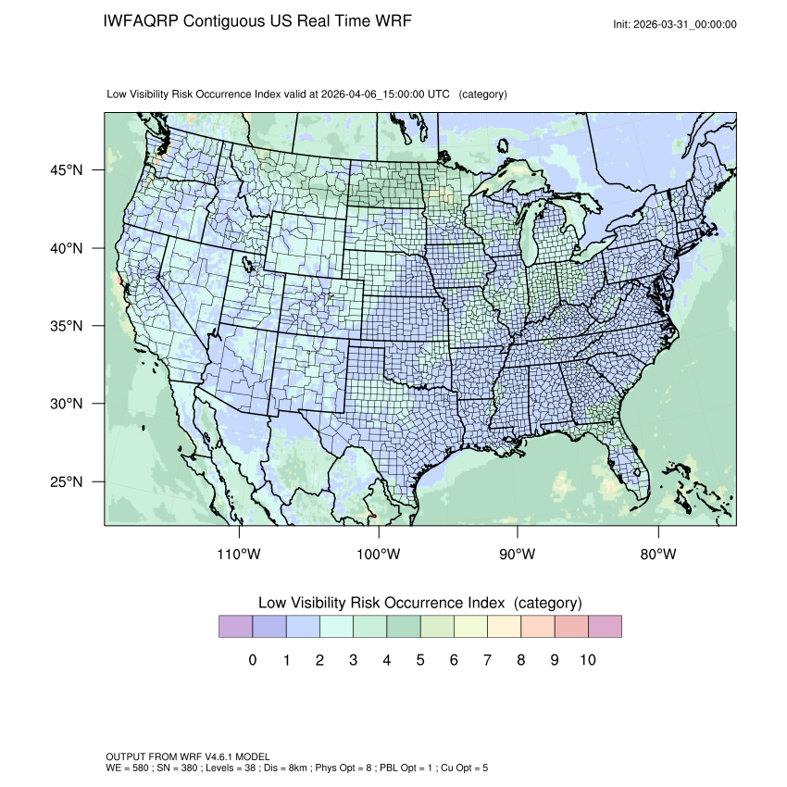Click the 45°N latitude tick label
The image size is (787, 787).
tap(66, 170)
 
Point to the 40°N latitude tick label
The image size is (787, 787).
tap(66, 248)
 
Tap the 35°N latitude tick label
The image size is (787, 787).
tap(66, 326)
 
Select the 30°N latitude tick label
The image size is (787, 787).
tap(66, 404)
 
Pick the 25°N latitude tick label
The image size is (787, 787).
tap(66, 481)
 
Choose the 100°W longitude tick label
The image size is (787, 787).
tap(379, 555)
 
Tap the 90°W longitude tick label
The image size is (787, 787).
tap(518, 555)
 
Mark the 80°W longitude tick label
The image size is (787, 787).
tap(657, 555)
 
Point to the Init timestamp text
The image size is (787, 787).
tap(675, 24)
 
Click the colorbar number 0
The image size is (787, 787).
tap(252, 660)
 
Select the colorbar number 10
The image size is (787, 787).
tap(587, 660)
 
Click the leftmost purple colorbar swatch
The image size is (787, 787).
tap(235, 627)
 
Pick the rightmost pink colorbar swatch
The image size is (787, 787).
tap(604, 627)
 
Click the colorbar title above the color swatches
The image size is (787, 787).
tap(419, 603)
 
